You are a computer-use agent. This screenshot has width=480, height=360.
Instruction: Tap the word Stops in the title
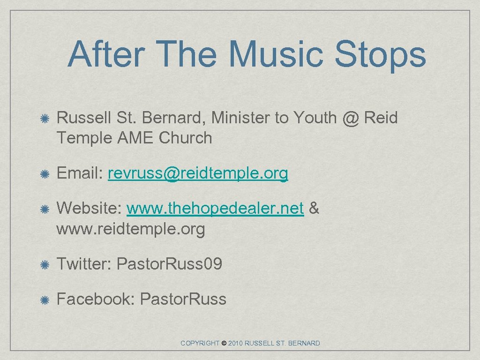[380, 54]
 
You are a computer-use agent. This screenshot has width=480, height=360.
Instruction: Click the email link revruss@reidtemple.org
[198, 174]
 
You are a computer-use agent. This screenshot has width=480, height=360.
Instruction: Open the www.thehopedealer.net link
[215, 209]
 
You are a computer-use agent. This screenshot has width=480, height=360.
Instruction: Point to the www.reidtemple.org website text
[131, 230]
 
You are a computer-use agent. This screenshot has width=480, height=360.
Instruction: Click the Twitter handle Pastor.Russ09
[169, 264]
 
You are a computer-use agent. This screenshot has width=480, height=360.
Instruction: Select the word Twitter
[82, 264]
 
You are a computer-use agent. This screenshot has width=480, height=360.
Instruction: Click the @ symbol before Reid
[350, 119]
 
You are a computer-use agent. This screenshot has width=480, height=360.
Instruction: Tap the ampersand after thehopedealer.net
[314, 209]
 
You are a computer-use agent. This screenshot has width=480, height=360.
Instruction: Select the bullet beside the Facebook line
[45, 300]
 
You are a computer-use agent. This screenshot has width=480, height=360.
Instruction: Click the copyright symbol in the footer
[224, 344]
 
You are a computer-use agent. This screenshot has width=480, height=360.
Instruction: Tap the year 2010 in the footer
[236, 344]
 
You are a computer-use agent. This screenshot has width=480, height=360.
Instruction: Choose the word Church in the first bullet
[185, 138]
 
